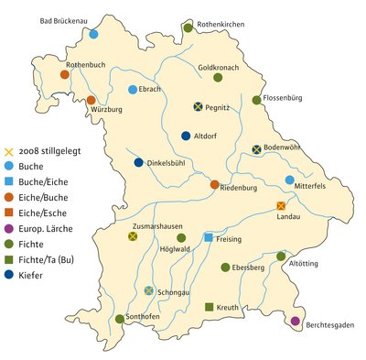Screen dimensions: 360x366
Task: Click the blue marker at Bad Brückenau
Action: pyautogui.click(x=93, y=34)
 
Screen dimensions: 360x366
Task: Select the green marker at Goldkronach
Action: pyautogui.click(x=219, y=78)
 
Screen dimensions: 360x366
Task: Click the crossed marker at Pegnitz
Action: pyautogui.click(x=198, y=106)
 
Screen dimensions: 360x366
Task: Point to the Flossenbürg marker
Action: pyautogui.click(x=257, y=100)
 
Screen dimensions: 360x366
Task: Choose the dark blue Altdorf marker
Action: pyautogui.click(x=187, y=136)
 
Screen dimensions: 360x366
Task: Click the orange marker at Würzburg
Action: pyautogui.click(x=91, y=100)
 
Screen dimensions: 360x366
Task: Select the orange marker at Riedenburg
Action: pyautogui.click(x=215, y=185)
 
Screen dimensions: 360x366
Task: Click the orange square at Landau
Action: pyautogui.click(x=281, y=206)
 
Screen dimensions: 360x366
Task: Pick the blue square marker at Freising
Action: pyautogui.click(x=209, y=238)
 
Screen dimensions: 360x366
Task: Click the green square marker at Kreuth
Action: pyautogui.click(x=210, y=306)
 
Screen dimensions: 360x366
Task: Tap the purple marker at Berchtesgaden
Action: pyautogui.click(x=295, y=321)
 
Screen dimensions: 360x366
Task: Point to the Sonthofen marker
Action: pyautogui.click(x=120, y=320)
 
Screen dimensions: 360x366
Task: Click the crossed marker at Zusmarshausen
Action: pyautogui.click(x=133, y=236)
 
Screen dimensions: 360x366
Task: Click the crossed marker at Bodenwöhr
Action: pyautogui.click(x=257, y=149)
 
